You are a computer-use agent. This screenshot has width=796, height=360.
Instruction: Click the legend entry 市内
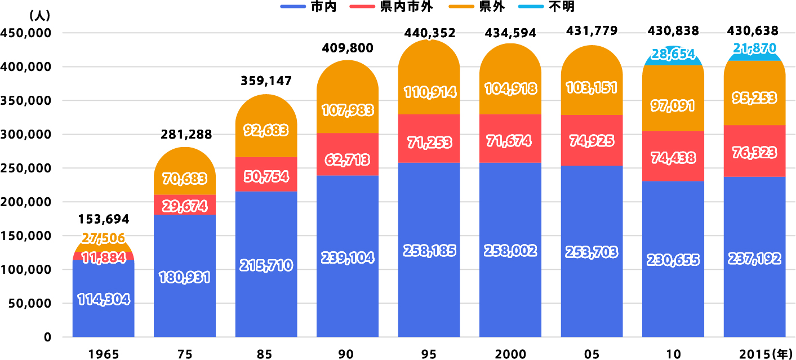(309, 7)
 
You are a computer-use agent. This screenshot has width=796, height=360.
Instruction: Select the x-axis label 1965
(104, 354)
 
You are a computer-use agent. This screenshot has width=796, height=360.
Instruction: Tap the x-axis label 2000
(510, 354)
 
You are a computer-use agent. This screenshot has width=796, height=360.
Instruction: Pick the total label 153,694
(104, 219)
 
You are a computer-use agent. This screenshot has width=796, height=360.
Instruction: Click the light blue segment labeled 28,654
(673, 55)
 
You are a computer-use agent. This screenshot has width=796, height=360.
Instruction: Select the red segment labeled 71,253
(429, 143)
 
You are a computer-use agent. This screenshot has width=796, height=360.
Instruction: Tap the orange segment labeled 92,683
(266, 130)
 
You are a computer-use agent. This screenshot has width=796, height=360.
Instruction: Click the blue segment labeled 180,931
(185, 277)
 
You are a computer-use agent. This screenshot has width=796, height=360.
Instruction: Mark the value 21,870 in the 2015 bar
(754, 48)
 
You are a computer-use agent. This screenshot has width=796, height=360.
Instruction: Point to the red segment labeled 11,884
(104, 257)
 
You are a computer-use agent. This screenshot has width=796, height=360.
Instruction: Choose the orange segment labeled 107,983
(348, 109)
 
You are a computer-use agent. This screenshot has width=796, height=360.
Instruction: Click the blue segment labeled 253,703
(592, 251)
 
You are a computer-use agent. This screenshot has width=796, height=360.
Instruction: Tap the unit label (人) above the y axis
(39, 16)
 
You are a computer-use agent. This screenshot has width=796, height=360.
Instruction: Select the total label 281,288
(185, 134)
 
